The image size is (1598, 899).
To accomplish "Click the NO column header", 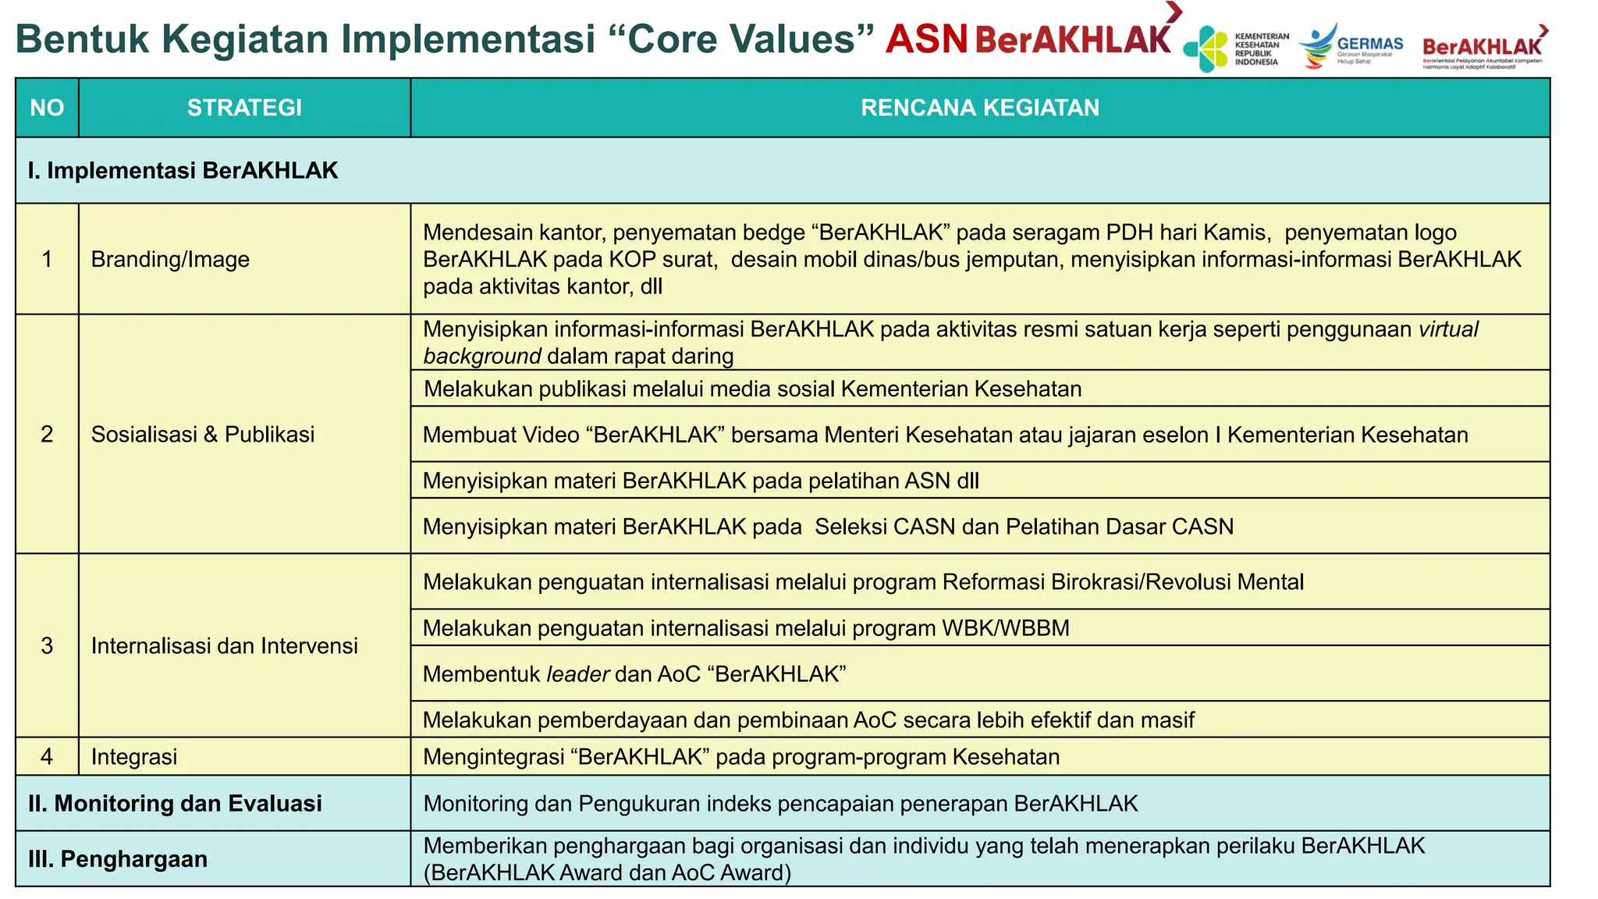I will click(47, 108).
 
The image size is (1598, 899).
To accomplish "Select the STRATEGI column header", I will click(244, 108).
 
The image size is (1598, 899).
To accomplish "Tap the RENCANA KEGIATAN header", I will click(980, 108).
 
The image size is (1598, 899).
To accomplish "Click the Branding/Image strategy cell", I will click(170, 259).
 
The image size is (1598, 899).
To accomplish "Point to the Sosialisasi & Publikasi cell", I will click(203, 434).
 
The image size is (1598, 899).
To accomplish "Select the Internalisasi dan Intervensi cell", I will click(224, 645).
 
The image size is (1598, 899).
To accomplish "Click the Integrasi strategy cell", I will click(134, 756).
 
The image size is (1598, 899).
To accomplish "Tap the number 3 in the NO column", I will click(47, 645).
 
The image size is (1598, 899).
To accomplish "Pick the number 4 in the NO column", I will click(47, 756).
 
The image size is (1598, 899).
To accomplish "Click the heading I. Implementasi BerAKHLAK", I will click(183, 170).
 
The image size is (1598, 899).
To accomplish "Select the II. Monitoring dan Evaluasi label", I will click(175, 803).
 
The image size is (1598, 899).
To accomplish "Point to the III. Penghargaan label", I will click(118, 858).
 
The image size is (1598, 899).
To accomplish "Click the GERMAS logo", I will click(1351, 47).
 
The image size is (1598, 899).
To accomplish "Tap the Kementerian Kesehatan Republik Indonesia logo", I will click(1236, 48).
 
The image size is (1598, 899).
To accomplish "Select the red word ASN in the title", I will click(926, 39).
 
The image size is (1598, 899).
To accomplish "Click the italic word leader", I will click(577, 673).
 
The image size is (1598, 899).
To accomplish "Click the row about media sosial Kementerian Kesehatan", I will click(752, 389).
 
